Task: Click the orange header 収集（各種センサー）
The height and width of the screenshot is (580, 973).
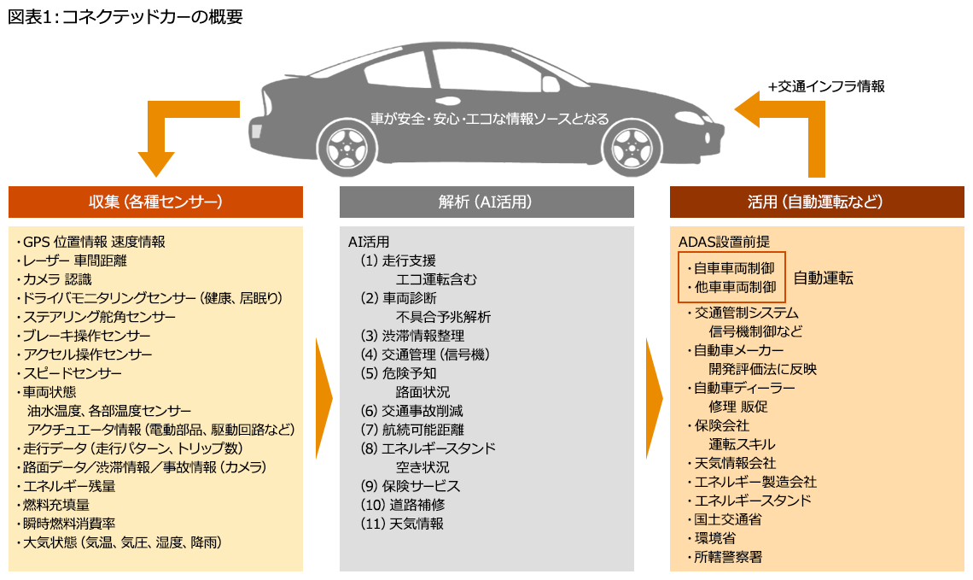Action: (x=155, y=202)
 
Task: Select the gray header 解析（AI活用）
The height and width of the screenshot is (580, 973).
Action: (x=486, y=202)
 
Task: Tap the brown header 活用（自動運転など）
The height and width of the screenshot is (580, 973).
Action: (x=816, y=202)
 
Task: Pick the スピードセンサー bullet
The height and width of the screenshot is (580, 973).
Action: (x=69, y=373)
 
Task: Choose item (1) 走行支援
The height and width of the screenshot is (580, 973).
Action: (x=398, y=261)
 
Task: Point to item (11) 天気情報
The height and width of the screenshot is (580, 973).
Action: (x=402, y=524)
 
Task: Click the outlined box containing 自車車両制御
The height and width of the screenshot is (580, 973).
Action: (x=731, y=277)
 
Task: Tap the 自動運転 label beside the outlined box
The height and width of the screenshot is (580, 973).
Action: (x=823, y=278)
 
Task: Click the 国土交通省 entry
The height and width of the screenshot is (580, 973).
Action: (x=725, y=519)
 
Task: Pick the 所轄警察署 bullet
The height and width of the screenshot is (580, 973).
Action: (x=725, y=557)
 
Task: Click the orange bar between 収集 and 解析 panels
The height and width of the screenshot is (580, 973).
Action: (x=323, y=398)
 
